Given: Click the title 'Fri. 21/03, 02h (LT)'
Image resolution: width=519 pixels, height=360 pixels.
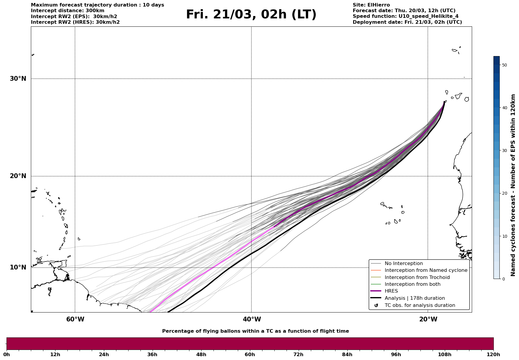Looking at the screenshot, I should (251, 15).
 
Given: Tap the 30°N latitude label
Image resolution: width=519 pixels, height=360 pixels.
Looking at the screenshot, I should (18, 79).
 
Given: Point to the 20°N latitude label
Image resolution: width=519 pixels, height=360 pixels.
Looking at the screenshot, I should (18, 176).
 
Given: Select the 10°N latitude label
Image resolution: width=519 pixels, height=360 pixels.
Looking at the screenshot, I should (18, 267).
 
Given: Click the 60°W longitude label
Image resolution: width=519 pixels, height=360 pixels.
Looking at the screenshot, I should (75, 319).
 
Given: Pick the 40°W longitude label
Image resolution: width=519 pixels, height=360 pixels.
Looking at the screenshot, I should (252, 319).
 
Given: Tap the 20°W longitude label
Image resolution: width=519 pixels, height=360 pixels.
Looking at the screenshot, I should (428, 319).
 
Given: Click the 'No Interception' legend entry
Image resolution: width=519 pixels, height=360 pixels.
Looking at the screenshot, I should (404, 264).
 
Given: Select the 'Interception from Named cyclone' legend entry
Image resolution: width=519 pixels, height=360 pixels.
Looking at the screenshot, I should (426, 270).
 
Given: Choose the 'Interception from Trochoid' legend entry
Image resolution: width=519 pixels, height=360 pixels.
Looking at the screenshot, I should (417, 277).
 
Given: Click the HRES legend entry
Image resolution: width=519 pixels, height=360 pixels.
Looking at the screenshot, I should (391, 291).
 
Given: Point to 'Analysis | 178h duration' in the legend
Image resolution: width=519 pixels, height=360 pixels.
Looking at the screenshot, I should (414, 298).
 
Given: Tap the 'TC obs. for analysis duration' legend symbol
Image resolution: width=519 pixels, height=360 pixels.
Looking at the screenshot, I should (376, 305).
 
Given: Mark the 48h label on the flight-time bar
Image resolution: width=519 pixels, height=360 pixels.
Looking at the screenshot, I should (201, 354).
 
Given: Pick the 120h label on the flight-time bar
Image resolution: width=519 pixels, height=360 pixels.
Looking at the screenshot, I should (493, 354).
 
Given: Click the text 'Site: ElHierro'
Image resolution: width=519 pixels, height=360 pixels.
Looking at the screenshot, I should (371, 5).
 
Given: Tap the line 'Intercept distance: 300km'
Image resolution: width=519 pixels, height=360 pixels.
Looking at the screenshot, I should (68, 11).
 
